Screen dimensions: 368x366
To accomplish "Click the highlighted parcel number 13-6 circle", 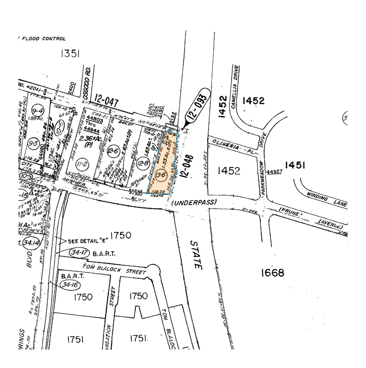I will click(x=160, y=175).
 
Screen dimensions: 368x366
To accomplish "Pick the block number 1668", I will click(x=273, y=273).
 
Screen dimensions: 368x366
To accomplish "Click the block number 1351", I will click(x=70, y=54).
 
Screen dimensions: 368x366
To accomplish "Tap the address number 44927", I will click(x=275, y=171).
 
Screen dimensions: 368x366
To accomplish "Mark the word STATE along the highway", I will click(x=197, y=254).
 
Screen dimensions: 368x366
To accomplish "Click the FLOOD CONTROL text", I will click(x=44, y=39).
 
